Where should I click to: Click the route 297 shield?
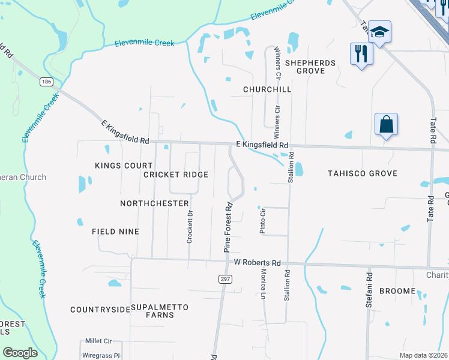(225, 279)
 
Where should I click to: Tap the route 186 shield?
(46, 82)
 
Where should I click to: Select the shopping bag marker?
(387, 125)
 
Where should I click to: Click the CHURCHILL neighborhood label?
(267, 89)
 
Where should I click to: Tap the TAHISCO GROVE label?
(363, 173)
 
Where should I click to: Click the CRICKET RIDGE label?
(176, 175)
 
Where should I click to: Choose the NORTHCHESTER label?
(154, 203)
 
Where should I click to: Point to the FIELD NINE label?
(115, 232)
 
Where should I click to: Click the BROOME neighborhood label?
(397, 291)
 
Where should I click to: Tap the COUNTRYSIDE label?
(100, 310)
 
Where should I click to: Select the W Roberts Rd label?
(258, 263)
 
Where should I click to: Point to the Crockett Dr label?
(190, 226)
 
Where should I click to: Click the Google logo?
(20, 353)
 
